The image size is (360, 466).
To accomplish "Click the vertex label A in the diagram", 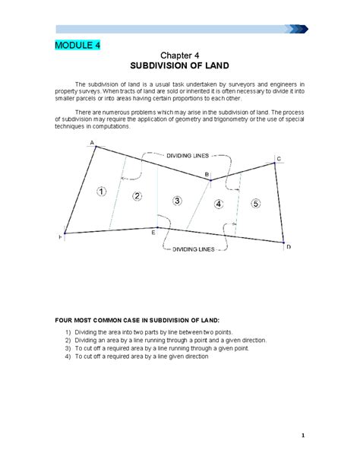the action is pos(92,143).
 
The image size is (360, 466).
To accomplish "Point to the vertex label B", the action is pos(207,175).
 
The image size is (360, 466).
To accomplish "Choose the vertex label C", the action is pos(278,158).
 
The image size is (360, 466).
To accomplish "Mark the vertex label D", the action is pos(289,247).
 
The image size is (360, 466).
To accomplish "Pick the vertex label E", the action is pos(153,233).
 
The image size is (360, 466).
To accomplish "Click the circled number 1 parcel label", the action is pos(102,191).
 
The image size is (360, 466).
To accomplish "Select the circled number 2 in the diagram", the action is pos(137,196).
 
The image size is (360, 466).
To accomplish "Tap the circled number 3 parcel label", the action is pos(177,201).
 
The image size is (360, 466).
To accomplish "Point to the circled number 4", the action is pos(219,203).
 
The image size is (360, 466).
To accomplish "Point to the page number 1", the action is pos(302,436).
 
